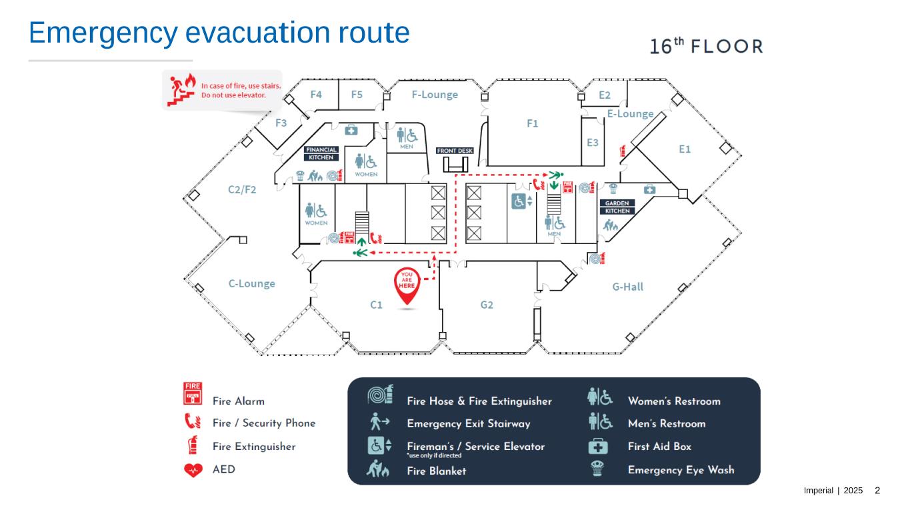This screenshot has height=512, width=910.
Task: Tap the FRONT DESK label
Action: point(455,151)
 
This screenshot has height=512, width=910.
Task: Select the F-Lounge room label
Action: point(435,95)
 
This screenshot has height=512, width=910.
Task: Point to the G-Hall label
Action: point(627,287)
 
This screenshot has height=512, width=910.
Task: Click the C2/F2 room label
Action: point(242,190)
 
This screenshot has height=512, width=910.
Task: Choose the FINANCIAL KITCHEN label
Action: point(321,153)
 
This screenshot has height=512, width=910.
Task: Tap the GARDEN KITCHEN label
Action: point(617,207)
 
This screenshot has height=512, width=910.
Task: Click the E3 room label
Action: point(593,143)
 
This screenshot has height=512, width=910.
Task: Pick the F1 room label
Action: point(532,123)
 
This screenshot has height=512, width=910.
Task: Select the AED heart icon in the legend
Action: point(193,470)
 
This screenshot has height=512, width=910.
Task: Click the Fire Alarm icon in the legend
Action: point(193,393)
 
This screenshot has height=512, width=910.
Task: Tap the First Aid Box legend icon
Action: point(598,446)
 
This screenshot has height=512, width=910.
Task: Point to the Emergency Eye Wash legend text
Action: point(681,470)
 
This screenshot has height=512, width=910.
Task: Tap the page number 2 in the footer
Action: point(877,491)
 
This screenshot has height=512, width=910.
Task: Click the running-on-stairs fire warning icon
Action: point(181,90)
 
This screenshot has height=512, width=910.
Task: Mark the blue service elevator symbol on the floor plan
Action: point(521,201)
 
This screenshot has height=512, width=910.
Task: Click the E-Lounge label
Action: point(630,114)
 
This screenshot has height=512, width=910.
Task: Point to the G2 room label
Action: point(487,305)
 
